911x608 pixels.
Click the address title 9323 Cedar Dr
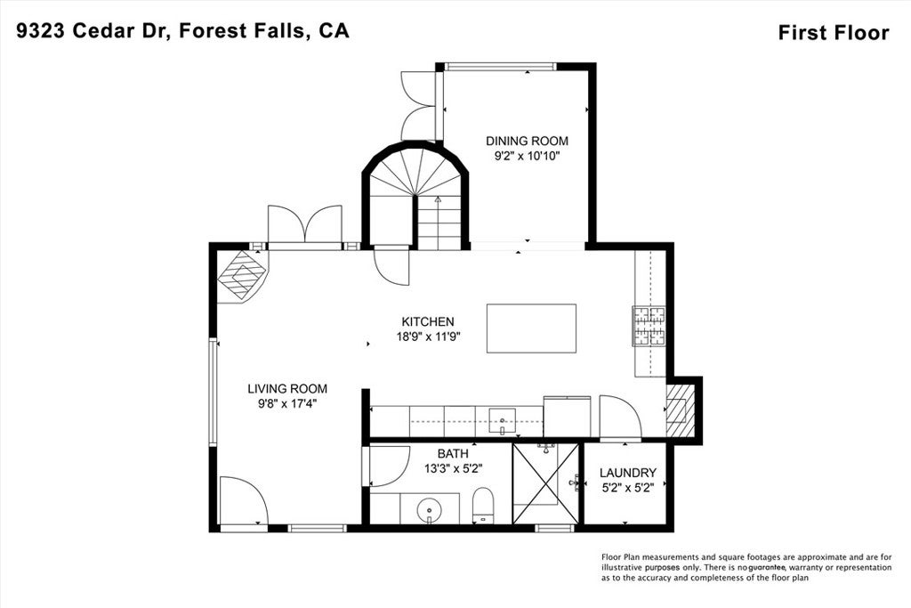click(x=182, y=31)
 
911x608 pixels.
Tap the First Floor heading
click(x=833, y=33)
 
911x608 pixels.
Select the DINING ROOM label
click(x=527, y=141)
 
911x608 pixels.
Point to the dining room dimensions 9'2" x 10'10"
click(x=527, y=156)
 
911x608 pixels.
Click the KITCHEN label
click(x=428, y=321)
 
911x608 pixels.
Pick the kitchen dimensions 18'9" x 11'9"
click(x=428, y=336)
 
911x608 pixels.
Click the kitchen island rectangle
click(x=531, y=328)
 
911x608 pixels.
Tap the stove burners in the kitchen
click(x=649, y=326)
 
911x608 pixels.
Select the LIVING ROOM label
click(x=286, y=388)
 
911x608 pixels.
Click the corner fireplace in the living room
click(x=240, y=275)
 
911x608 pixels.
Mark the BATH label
click(x=452, y=453)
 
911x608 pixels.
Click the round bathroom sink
click(x=430, y=508)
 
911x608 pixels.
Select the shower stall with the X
click(x=545, y=483)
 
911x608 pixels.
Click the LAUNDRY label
click(x=627, y=472)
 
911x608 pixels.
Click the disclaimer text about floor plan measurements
click(x=746, y=566)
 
